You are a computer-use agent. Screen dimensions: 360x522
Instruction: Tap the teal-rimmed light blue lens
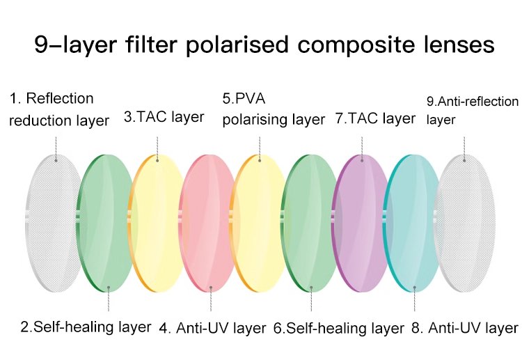pos(412,223)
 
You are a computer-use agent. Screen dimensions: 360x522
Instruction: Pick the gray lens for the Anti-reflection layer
pos(465,223)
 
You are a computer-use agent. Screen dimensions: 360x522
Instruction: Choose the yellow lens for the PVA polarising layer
pos(259,223)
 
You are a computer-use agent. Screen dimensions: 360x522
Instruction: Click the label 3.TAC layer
pos(164,117)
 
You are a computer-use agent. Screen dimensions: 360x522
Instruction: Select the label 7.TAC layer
pos(375,118)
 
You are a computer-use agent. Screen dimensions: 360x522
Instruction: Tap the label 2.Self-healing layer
pos(86,326)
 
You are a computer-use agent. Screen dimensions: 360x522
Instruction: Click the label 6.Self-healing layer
pos(339,327)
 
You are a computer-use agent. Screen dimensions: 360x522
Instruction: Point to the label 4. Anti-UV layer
pos(212,327)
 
